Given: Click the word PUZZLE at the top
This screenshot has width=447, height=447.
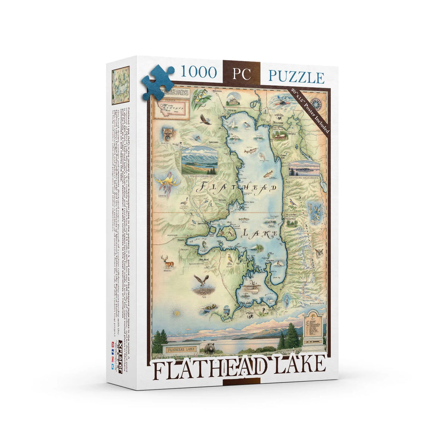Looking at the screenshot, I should (296, 77).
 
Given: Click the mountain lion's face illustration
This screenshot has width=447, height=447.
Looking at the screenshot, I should (168, 133).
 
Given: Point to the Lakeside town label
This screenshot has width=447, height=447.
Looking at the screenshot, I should (213, 142).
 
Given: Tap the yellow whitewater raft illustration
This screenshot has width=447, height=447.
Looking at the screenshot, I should (209, 309).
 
